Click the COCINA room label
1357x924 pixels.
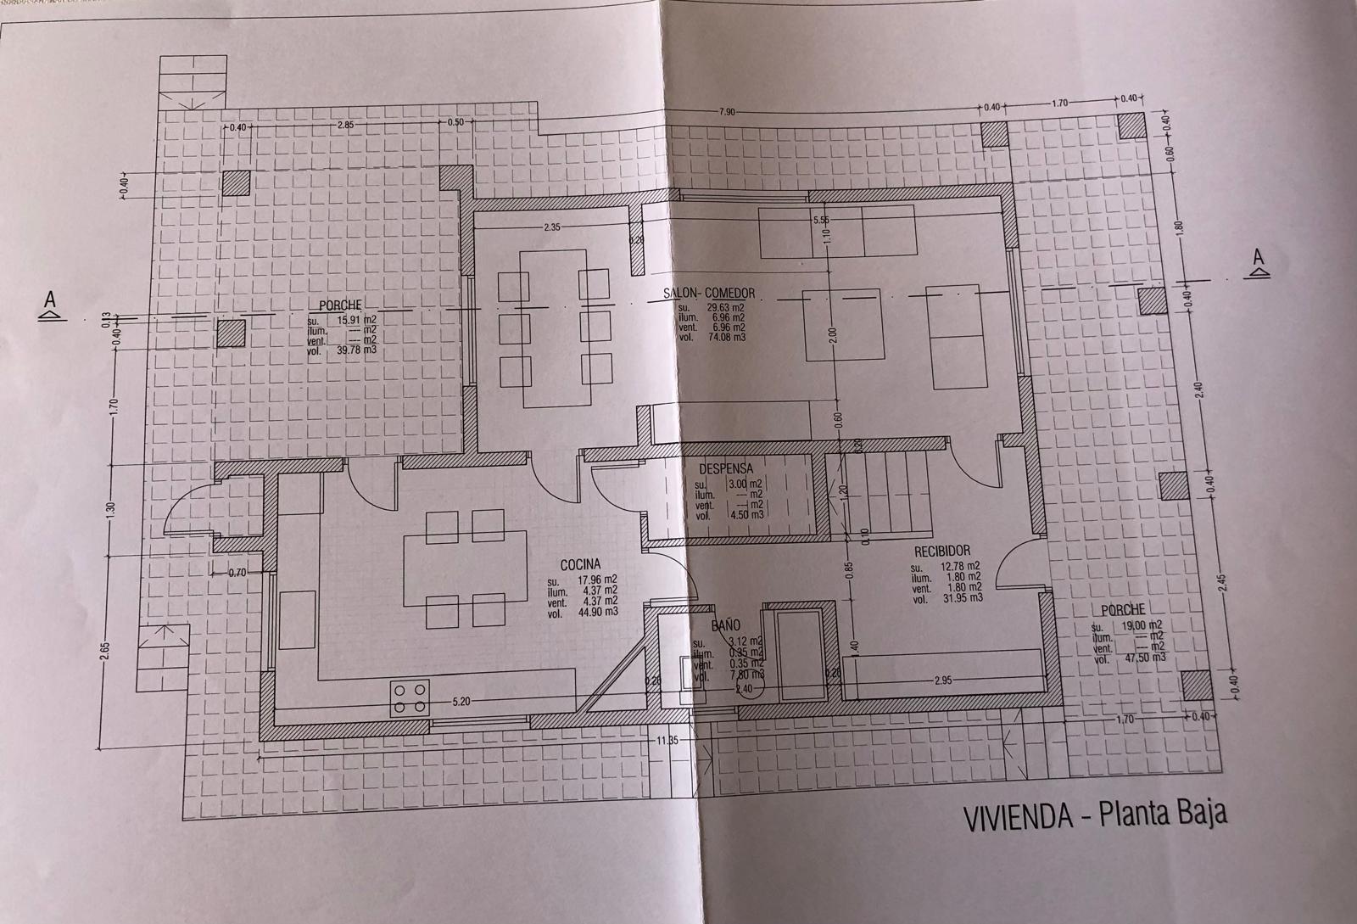click(x=580, y=564)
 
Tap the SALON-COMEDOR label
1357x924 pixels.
click(x=709, y=294)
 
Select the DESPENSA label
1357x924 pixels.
click(x=726, y=468)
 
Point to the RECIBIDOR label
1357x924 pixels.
click(x=942, y=551)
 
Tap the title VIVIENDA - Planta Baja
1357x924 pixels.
click(x=1095, y=816)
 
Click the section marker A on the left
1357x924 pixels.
click(x=50, y=305)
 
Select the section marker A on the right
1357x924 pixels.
click(x=1259, y=261)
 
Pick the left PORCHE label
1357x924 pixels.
click(x=341, y=305)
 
